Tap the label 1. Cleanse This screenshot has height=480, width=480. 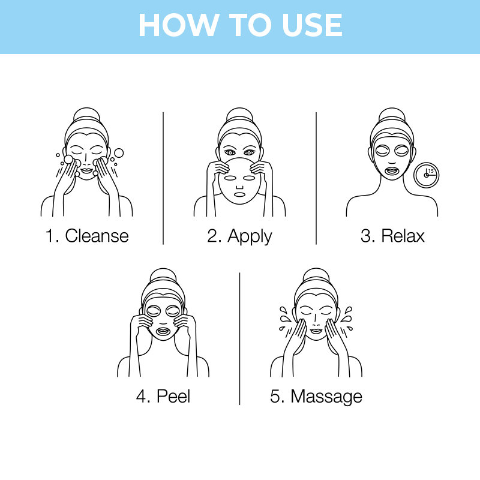[88, 235]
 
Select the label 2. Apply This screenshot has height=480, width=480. [239, 235]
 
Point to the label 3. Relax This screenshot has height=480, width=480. [392, 235]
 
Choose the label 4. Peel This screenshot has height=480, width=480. [163, 396]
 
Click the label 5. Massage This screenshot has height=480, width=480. [316, 396]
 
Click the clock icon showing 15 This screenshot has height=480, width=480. [427, 174]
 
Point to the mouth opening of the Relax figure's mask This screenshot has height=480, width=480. [392, 170]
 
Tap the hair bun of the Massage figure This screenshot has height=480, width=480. [316, 275]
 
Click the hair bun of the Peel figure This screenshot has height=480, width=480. [163, 275]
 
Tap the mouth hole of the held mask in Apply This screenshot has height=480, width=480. [239, 194]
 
